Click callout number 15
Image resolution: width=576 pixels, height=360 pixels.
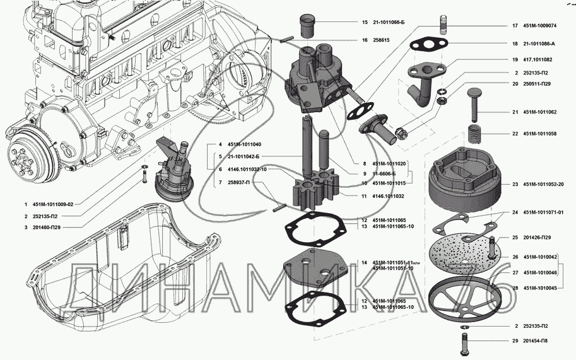pos(365,22)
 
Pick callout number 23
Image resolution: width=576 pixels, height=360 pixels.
pos(515,184)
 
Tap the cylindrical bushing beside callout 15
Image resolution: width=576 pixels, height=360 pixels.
pos(310,26)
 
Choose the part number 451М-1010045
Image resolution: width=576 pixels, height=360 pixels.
pos(540,288)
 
